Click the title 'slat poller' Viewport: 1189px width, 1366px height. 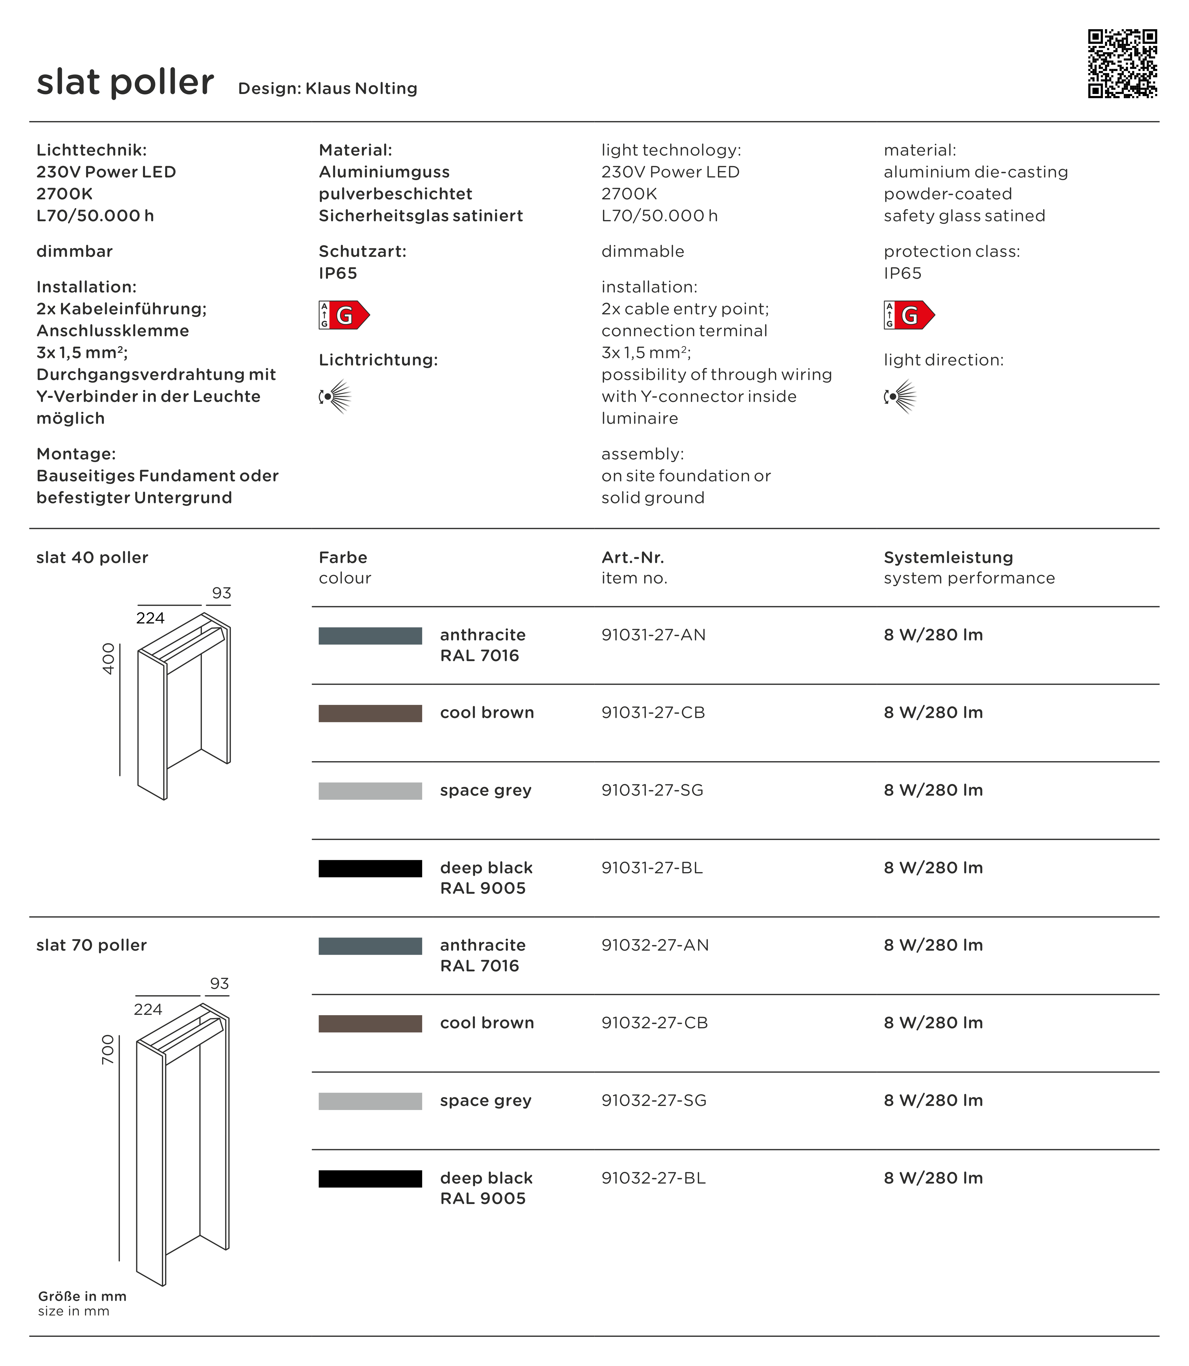(125, 82)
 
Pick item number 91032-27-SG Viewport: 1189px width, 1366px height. (654, 1100)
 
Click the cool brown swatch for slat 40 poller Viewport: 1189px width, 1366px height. (370, 713)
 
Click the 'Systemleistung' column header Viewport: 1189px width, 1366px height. (948, 557)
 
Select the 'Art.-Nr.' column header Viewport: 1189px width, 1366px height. (632, 557)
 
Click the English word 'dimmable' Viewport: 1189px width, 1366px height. (642, 252)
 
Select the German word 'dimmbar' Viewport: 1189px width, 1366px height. (74, 252)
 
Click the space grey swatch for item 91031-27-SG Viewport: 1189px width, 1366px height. (370, 790)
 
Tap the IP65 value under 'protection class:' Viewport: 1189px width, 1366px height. (902, 273)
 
